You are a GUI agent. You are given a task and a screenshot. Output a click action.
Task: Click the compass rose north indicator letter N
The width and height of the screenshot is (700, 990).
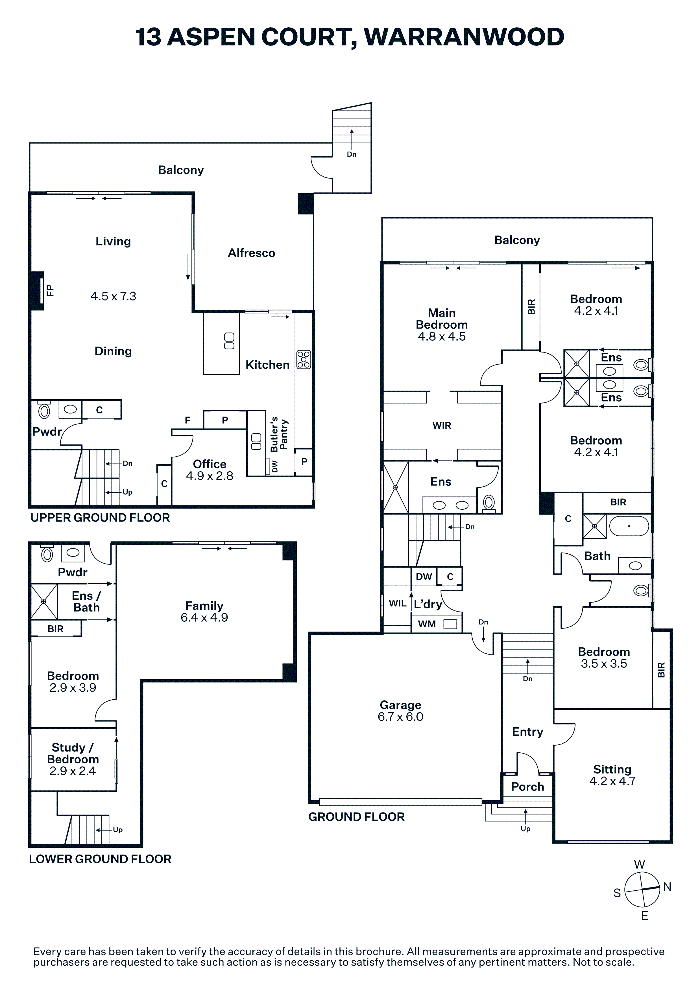(667, 887)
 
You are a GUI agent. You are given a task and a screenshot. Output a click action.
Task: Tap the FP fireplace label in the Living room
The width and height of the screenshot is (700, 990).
(50, 290)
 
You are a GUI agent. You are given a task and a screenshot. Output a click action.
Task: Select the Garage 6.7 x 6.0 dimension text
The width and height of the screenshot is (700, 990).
(401, 717)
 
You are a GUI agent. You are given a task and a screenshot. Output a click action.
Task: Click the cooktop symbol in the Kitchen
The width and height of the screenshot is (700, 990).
(304, 360)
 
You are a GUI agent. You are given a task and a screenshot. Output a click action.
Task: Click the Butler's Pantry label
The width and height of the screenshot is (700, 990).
(279, 434)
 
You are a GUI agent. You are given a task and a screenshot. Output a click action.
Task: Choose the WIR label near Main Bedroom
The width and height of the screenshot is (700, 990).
(442, 426)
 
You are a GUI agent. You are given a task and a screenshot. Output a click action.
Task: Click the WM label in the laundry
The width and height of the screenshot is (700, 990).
(427, 624)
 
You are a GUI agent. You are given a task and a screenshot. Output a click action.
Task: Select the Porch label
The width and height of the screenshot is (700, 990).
(527, 787)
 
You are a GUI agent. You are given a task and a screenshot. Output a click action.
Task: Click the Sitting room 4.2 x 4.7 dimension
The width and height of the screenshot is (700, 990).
(612, 781)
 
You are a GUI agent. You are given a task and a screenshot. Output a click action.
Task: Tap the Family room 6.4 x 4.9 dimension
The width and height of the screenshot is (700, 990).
(204, 617)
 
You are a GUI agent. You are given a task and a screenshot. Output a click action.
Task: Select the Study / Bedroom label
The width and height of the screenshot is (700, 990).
(73, 753)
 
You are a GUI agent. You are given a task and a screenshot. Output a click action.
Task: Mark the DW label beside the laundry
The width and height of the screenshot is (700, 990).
(424, 577)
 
